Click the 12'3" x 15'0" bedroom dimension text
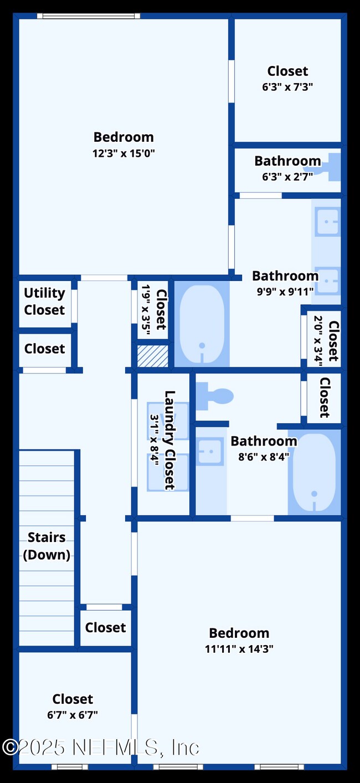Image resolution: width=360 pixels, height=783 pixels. [124, 153]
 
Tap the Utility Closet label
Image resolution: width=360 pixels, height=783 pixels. [44, 301]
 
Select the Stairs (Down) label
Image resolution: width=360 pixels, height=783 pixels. [47, 546]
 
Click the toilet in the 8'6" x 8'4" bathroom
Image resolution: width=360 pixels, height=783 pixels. [214, 396]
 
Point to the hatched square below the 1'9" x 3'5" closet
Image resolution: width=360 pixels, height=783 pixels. [153, 356]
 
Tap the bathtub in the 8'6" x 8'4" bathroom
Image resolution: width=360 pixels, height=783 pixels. [314, 472]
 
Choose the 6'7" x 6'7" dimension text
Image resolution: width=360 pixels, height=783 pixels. [73, 715]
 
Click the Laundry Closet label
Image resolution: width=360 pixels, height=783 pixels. [169, 441]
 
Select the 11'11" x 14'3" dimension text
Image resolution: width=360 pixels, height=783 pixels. [239, 649]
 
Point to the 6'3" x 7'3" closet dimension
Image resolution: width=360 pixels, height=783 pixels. [287, 86]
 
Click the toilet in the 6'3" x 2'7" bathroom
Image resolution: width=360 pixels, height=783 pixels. [333, 167]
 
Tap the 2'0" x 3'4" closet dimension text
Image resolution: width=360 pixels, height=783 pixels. [318, 340]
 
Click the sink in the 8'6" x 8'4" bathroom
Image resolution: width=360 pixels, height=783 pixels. [210, 452]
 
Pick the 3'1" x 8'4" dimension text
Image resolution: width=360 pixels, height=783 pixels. [155, 440]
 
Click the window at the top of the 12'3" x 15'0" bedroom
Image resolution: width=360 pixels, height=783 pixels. [89, 16]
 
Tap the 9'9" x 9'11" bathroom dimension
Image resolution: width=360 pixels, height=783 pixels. [285, 291]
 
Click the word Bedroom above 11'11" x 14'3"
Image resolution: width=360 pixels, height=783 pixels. [239, 633]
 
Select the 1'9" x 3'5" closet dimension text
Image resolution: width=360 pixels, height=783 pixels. [146, 310]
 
